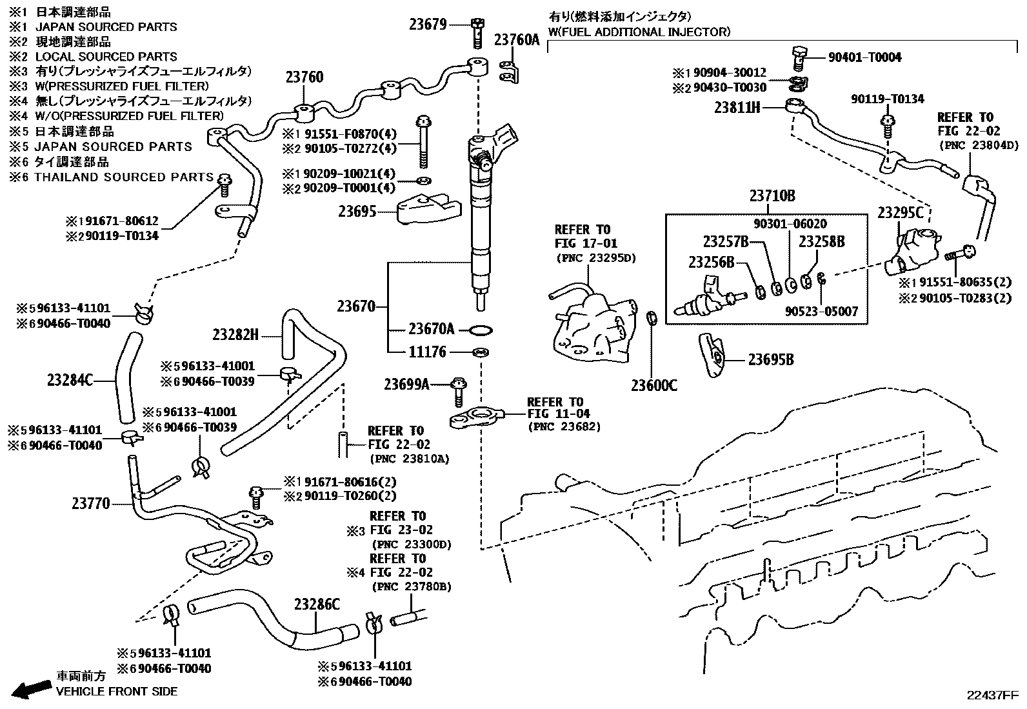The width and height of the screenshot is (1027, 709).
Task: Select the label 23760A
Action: [517, 40]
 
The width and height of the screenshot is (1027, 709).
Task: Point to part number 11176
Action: [428, 352]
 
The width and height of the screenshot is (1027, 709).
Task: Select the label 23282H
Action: [235, 334]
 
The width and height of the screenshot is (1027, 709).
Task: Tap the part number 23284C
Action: [70, 380]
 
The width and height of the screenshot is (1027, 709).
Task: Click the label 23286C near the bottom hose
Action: [317, 604]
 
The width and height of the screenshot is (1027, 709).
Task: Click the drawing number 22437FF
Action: [992, 695]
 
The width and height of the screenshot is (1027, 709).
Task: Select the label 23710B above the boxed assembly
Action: [772, 196]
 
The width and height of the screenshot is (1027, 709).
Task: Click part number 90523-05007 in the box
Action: [821, 311]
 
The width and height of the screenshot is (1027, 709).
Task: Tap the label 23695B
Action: [771, 359]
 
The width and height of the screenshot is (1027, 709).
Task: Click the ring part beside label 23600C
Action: [652, 318]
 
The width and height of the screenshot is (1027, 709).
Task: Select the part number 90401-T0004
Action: [865, 57]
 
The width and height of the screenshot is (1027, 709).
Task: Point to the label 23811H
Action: [737, 107]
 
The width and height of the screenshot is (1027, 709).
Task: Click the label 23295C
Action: [900, 213]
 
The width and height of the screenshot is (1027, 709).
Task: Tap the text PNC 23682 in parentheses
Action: [564, 426]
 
